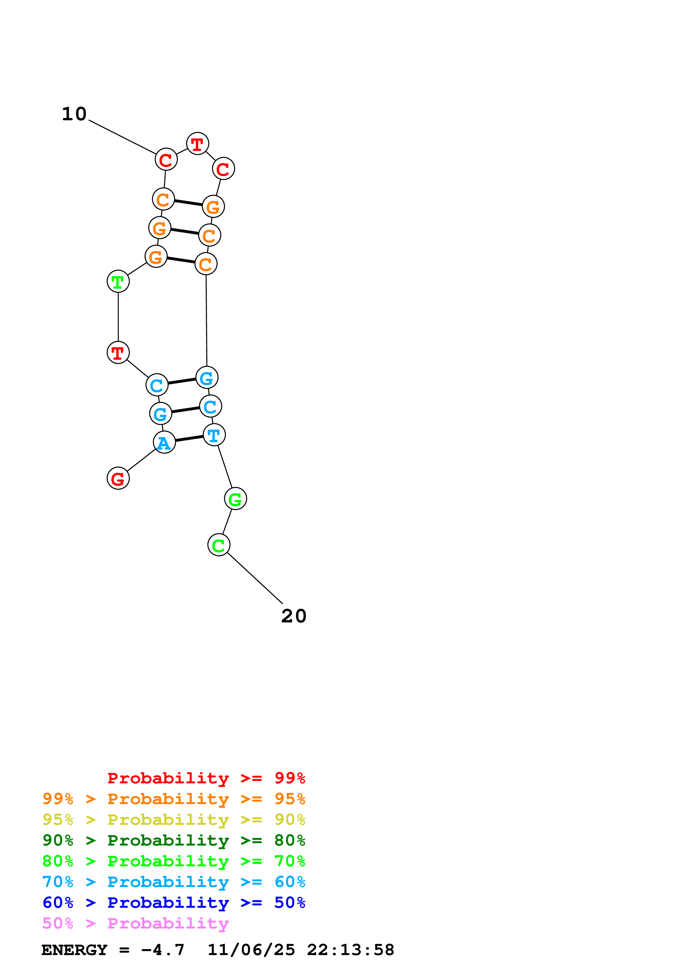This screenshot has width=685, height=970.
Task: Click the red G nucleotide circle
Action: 118,478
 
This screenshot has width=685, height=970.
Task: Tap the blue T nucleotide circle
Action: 214,435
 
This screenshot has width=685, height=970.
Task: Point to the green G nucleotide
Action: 235,499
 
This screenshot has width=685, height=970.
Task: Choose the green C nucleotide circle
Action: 219,545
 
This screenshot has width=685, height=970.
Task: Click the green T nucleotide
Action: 118,281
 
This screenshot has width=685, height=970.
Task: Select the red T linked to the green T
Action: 118,352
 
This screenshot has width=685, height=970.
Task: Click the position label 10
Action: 74,114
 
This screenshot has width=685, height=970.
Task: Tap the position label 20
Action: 294,616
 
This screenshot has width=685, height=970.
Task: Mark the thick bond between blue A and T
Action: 189,439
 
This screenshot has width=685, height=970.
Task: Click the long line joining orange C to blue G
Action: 206,321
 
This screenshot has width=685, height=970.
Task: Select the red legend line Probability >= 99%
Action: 206,778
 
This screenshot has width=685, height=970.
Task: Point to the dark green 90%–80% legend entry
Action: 174,840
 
